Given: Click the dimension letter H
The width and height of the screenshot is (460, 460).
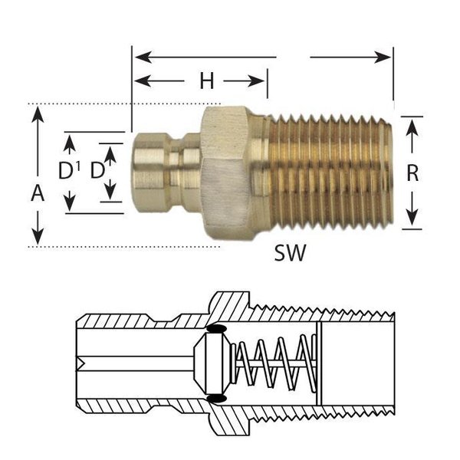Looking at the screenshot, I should [x=206, y=81].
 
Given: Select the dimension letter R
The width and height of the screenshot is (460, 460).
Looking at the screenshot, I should [x=412, y=173].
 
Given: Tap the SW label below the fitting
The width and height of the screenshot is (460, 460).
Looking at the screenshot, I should [x=290, y=252].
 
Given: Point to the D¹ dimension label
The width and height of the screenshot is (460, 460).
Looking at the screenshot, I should [x=71, y=170].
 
